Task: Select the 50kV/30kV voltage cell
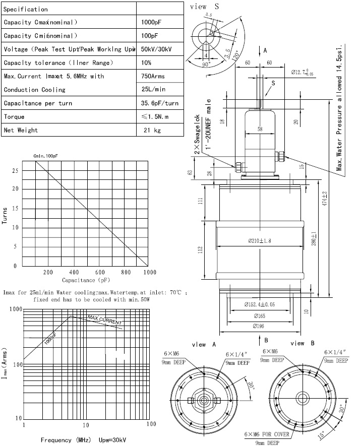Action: pos(157,49)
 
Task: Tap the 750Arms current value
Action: pos(155,76)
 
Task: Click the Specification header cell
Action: pos(26,9)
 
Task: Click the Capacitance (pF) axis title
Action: pos(86,280)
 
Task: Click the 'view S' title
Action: pos(206,7)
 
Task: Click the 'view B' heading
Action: pos(303,343)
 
